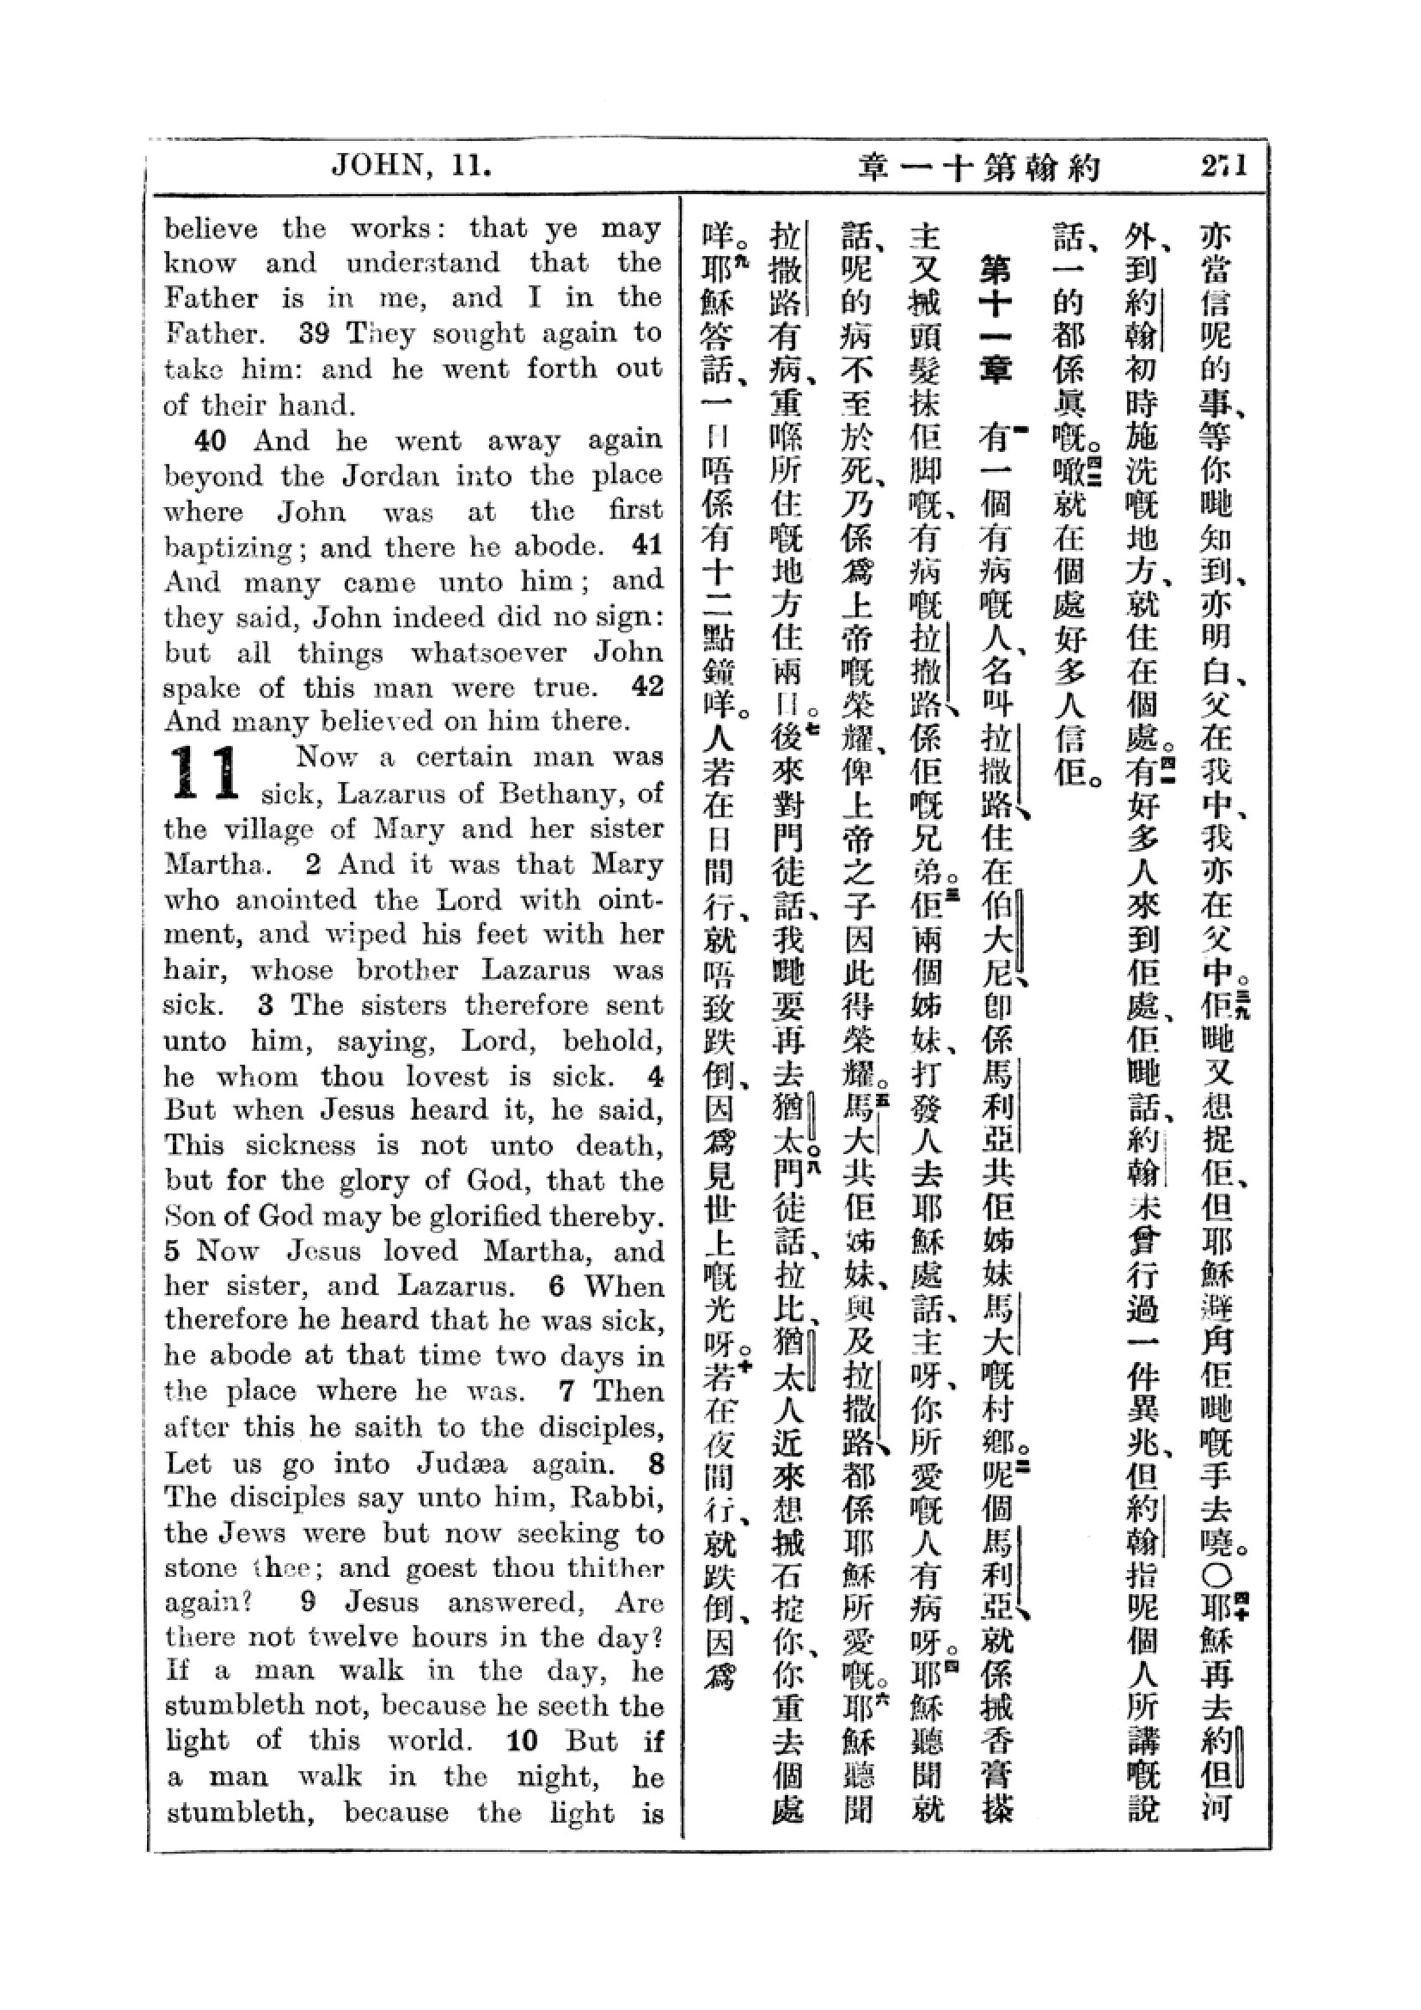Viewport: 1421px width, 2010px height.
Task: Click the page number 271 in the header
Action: [1223, 167]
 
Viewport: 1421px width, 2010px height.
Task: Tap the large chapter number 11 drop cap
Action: [205, 773]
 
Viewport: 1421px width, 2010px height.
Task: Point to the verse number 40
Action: [209, 440]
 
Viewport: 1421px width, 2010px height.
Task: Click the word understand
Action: [423, 263]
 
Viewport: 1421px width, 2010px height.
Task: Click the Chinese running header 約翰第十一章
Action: [978, 167]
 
